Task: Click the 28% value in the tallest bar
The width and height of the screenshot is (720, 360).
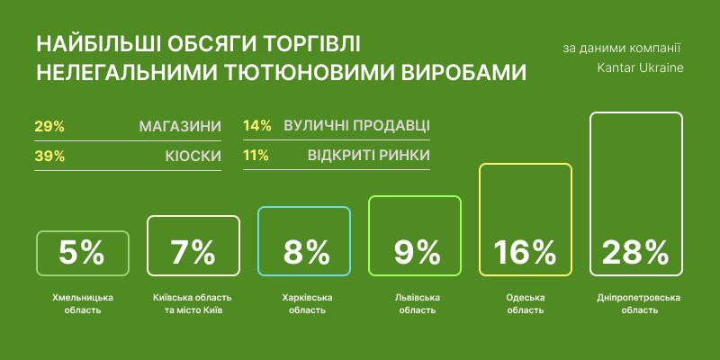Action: [x=635, y=253]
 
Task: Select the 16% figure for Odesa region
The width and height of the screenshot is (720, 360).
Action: [x=525, y=253]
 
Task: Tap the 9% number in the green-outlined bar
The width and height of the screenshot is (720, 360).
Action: [x=418, y=253]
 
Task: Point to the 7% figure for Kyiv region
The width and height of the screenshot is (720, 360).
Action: [x=193, y=253]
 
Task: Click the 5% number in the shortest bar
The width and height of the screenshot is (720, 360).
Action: [x=82, y=253]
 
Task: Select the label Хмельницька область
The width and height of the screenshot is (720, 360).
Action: [x=82, y=304]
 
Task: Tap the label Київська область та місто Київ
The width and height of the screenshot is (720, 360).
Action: [x=193, y=304]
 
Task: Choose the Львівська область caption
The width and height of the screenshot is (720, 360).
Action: [x=418, y=304]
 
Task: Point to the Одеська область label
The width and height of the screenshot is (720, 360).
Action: [x=525, y=304]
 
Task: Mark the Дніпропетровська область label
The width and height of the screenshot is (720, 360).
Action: [x=639, y=304]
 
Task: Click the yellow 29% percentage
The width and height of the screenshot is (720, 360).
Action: [x=49, y=127]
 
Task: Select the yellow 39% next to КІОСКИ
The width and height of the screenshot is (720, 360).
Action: [x=49, y=157]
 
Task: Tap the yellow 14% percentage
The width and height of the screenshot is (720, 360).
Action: [x=257, y=126]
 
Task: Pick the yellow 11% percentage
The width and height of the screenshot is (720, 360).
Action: [x=256, y=155]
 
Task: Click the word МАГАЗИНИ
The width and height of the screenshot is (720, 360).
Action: [x=180, y=127]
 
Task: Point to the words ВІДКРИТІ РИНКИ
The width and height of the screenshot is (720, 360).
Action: [x=369, y=155]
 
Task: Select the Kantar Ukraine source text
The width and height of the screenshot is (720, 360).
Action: [x=640, y=68]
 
